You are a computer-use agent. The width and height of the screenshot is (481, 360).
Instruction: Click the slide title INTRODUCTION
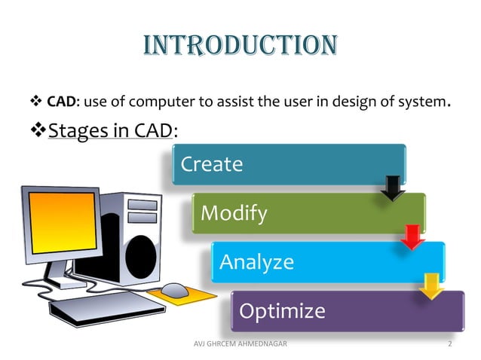point(240,45)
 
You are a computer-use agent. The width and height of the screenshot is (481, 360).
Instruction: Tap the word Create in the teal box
point(211,164)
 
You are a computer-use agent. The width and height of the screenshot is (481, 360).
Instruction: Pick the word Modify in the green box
point(234,214)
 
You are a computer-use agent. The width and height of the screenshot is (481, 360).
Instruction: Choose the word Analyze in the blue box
point(256,262)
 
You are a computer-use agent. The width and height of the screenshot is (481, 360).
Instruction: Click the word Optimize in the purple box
point(281,310)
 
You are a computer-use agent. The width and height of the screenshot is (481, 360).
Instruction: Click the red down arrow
point(412,236)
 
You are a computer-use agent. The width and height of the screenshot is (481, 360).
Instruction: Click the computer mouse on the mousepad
point(174,289)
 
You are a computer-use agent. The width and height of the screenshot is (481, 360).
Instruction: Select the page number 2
point(449,344)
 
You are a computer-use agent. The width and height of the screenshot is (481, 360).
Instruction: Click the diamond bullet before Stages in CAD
point(37,131)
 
